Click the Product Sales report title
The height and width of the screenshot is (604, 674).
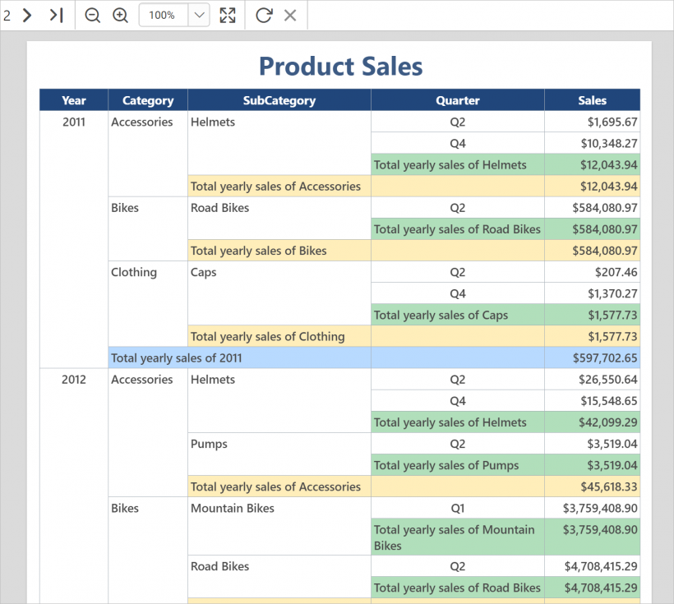point(340,67)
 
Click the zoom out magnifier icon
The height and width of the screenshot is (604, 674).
point(92,15)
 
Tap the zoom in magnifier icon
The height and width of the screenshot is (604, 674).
point(120,15)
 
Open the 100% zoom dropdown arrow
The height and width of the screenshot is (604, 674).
point(199,15)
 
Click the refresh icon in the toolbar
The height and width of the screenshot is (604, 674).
point(263,15)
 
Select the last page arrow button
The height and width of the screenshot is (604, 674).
point(56,15)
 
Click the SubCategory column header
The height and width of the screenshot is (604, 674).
point(279,100)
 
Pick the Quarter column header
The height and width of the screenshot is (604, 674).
point(457,100)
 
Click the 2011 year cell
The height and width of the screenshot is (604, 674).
point(74,122)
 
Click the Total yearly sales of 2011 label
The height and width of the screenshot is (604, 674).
point(177,358)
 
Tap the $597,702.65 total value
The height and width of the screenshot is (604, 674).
point(605,358)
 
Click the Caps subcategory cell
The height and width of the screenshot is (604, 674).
point(204,272)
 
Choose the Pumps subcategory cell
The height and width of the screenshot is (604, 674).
point(209,444)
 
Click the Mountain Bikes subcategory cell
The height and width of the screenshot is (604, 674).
point(233,509)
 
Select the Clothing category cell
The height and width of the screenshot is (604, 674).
point(134,272)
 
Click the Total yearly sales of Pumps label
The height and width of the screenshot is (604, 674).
point(446,466)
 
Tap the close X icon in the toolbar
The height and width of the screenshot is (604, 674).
point(289,15)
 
